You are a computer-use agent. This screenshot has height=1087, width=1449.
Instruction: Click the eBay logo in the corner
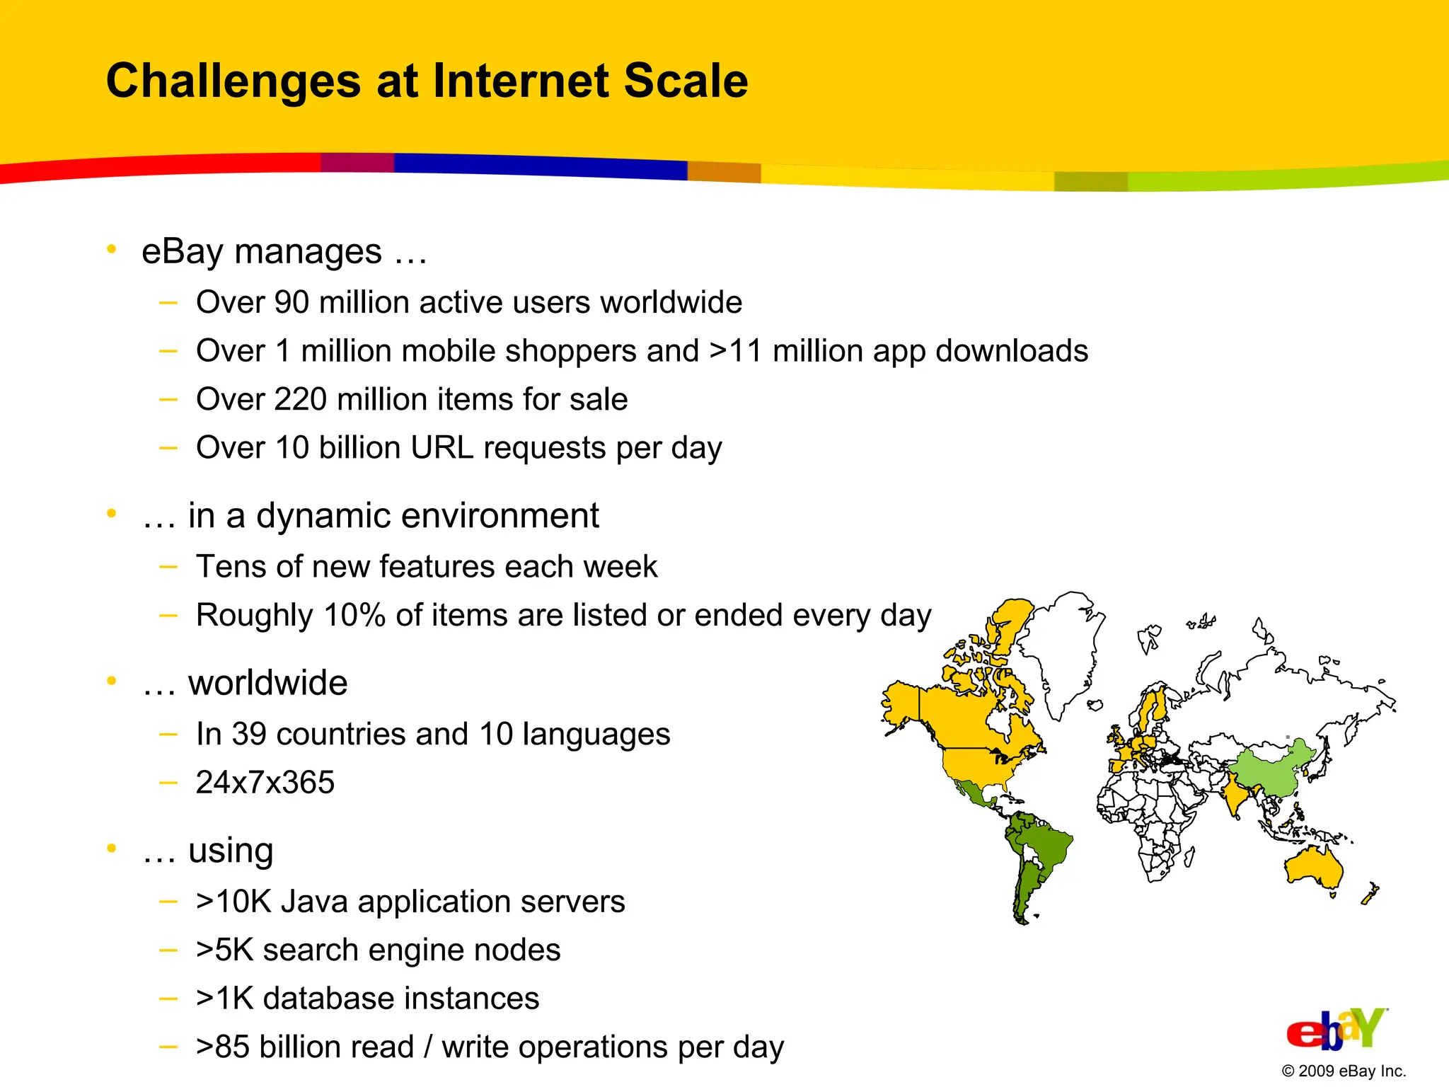(1336, 1030)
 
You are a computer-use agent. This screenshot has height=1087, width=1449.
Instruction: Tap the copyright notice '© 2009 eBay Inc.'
(1343, 1071)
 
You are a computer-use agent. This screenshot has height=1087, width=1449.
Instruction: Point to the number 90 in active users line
(291, 303)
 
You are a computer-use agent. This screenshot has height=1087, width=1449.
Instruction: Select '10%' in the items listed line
(354, 616)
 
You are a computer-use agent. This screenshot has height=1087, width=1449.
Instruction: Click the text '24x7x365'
(265, 783)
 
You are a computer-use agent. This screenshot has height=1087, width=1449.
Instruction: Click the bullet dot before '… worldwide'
(111, 681)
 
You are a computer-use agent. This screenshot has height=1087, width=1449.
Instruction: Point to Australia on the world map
(1313, 867)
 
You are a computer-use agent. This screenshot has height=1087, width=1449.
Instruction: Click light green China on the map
(1270, 771)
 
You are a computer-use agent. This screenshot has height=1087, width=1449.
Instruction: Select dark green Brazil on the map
(1044, 846)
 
